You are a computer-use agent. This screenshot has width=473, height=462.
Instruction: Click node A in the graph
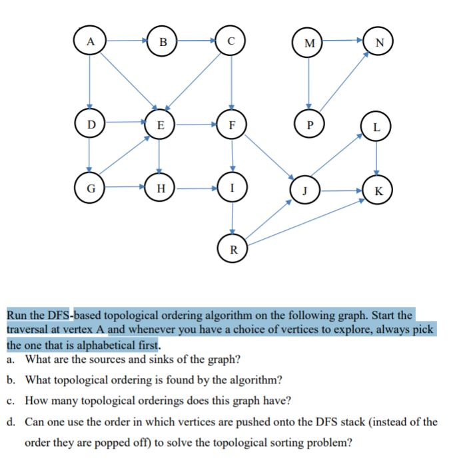pyautogui.click(x=89, y=41)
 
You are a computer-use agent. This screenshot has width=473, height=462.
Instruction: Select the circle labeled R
pyautogui.click(x=233, y=248)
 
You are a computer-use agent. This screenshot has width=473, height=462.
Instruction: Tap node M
pyautogui.click(x=308, y=43)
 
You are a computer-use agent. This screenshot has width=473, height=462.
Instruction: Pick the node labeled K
pyautogui.click(x=378, y=190)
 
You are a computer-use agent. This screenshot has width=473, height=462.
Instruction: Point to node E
pyautogui.click(x=160, y=124)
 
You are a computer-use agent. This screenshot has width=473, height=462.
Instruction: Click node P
pyautogui.click(x=309, y=124)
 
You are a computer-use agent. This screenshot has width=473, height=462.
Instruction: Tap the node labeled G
pyautogui.click(x=90, y=188)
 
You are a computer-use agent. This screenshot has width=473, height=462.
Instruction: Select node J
pyautogui.click(x=304, y=190)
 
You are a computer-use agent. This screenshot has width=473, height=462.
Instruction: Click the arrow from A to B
pyautogui.click(x=127, y=41)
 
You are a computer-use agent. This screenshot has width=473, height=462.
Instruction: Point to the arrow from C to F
pyautogui.click(x=231, y=83)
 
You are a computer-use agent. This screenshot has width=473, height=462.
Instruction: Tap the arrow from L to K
pyautogui.click(x=376, y=158)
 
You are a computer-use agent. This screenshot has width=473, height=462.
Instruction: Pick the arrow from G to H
pyautogui.click(x=125, y=187)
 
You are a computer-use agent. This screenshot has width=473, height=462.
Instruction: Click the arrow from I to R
pyautogui.click(x=233, y=218)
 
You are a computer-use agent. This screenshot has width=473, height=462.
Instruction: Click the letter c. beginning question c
pyautogui.click(x=10, y=401)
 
